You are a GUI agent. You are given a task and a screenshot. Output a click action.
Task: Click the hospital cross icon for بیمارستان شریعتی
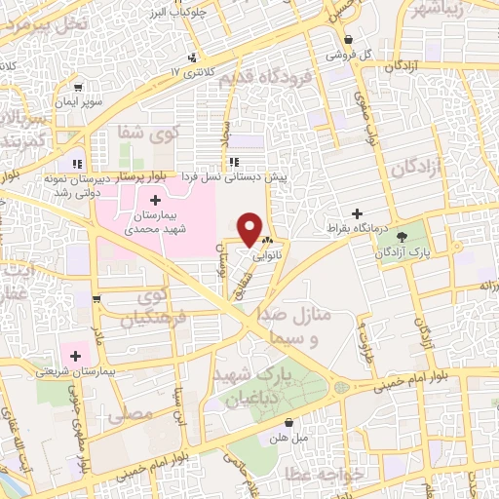pyautogui.click(x=74, y=355)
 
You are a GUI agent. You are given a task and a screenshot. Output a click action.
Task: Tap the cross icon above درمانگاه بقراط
pyautogui.click(x=357, y=212)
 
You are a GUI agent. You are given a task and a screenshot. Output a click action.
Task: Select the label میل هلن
pyautogui.click(x=291, y=438)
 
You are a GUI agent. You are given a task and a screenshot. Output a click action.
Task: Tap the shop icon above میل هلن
pyautogui.click(x=290, y=422)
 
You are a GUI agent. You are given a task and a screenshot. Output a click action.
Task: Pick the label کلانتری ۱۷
pyautogui.click(x=189, y=72)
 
